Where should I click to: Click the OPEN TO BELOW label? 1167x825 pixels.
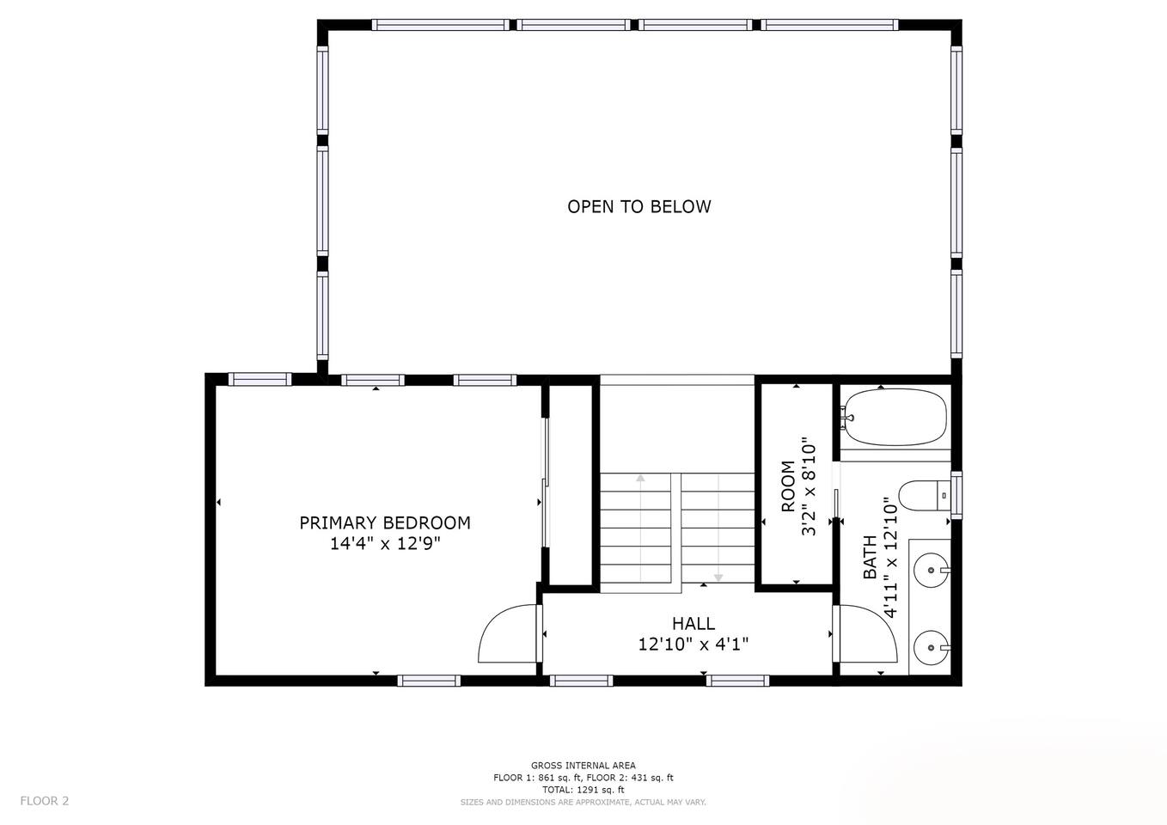[x=638, y=207]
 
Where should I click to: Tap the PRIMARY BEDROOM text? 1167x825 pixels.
[x=385, y=522]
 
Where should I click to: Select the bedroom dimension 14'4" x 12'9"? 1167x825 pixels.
[x=385, y=544]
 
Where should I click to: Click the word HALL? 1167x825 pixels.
[x=693, y=623]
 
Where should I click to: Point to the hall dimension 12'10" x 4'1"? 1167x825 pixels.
[x=693, y=645]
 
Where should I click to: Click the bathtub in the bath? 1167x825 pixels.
[x=895, y=417]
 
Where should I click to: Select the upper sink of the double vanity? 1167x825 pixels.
[x=932, y=571]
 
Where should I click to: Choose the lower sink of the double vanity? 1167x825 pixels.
[x=932, y=648]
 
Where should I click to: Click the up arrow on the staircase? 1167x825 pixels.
[x=640, y=528]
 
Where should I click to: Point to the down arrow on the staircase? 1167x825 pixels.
[x=718, y=528]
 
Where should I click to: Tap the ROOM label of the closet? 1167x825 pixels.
[x=788, y=486]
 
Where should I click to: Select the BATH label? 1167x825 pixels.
[x=870, y=557]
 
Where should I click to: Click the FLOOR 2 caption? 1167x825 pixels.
[x=45, y=801]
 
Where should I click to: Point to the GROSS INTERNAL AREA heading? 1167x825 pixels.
[x=583, y=766]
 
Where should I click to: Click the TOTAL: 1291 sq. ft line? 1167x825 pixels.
[x=583, y=790]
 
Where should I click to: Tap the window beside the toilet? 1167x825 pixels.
[x=956, y=495]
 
